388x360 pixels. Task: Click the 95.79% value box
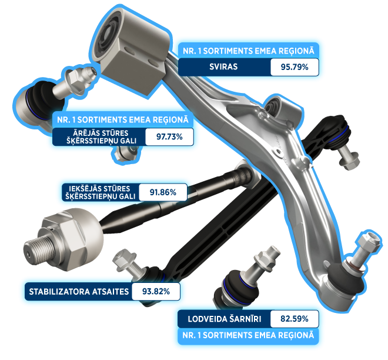pyautogui.click(x=295, y=67)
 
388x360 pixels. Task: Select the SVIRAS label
pyautogui.click(x=223, y=67)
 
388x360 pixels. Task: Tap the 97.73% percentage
pyautogui.click(x=169, y=136)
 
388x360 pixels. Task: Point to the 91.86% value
pyautogui.click(x=163, y=192)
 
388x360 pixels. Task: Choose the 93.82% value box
pyautogui.click(x=156, y=291)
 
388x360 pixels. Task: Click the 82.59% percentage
pyautogui.click(x=294, y=319)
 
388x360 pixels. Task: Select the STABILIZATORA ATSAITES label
pyautogui.click(x=79, y=292)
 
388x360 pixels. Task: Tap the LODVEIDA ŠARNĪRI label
pyautogui.click(x=225, y=319)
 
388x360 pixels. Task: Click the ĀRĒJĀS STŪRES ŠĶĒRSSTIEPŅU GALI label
pyautogui.click(x=101, y=137)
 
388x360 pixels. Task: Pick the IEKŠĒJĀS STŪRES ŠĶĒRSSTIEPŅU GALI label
pyautogui.click(x=100, y=192)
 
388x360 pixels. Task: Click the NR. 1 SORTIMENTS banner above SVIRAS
pyautogui.click(x=249, y=51)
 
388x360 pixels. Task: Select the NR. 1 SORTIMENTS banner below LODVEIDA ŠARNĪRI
pyautogui.click(x=248, y=335)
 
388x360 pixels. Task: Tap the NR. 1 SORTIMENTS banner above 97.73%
pyautogui.click(x=123, y=120)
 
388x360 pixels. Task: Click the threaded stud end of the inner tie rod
pyautogui.click(x=38, y=251)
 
